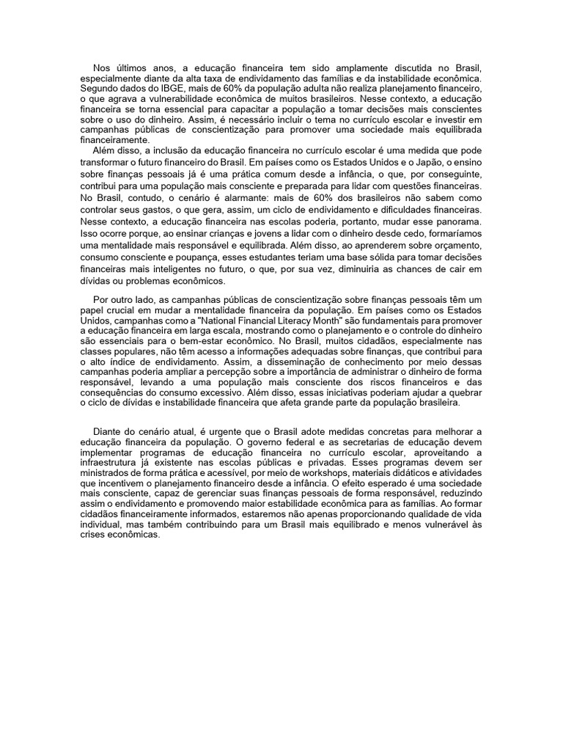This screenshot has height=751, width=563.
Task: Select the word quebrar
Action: pos(461,392)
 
